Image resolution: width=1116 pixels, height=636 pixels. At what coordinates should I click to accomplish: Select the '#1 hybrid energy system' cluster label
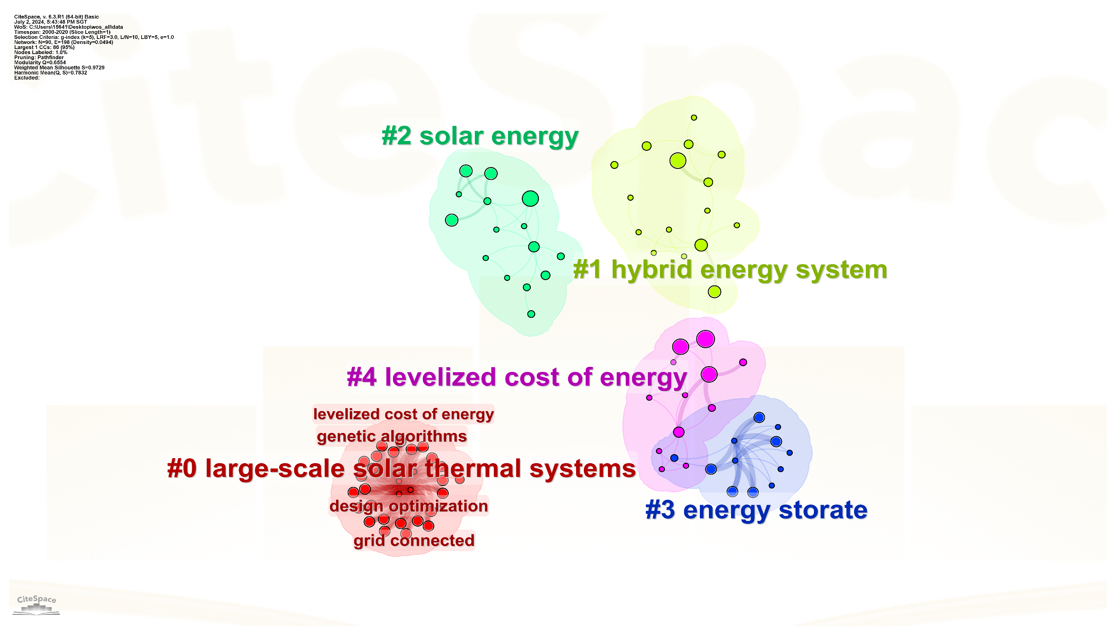pyautogui.click(x=730, y=270)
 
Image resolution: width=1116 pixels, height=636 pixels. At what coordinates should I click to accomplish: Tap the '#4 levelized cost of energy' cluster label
pyautogui.click(x=517, y=378)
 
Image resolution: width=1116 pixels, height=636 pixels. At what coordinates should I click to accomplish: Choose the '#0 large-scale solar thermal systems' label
pyautogui.click(x=401, y=469)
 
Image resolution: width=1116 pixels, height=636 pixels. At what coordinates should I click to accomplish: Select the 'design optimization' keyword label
pyautogui.click(x=408, y=506)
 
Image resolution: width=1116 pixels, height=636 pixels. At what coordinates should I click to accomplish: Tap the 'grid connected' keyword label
pyautogui.click(x=414, y=541)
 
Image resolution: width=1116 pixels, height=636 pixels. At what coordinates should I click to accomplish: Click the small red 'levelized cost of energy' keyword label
pyautogui.click(x=403, y=414)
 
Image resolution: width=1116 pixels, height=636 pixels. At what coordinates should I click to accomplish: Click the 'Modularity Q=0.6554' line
pyautogui.click(x=40, y=62)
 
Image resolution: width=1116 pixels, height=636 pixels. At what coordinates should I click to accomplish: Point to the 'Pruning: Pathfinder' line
pyautogui.click(x=39, y=57)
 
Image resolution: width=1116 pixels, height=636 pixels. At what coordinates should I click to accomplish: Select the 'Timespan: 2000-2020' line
pyautogui.click(x=62, y=32)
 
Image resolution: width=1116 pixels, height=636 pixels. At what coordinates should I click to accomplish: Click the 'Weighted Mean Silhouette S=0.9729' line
pyautogui.click(x=59, y=68)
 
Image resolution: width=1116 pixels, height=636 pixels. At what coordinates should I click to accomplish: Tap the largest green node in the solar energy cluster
pyautogui.click(x=530, y=199)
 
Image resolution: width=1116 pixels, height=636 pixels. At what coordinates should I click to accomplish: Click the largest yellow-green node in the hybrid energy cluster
pyautogui.click(x=677, y=161)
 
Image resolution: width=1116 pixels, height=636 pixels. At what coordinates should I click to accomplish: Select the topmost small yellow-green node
pyautogui.click(x=693, y=117)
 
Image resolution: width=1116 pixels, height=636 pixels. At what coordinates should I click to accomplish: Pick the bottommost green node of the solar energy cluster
pyautogui.click(x=531, y=314)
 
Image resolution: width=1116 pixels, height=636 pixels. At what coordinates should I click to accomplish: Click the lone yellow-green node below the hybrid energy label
pyautogui.click(x=714, y=291)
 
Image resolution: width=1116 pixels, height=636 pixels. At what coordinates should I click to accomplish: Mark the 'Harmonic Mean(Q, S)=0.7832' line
pyautogui.click(x=51, y=72)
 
